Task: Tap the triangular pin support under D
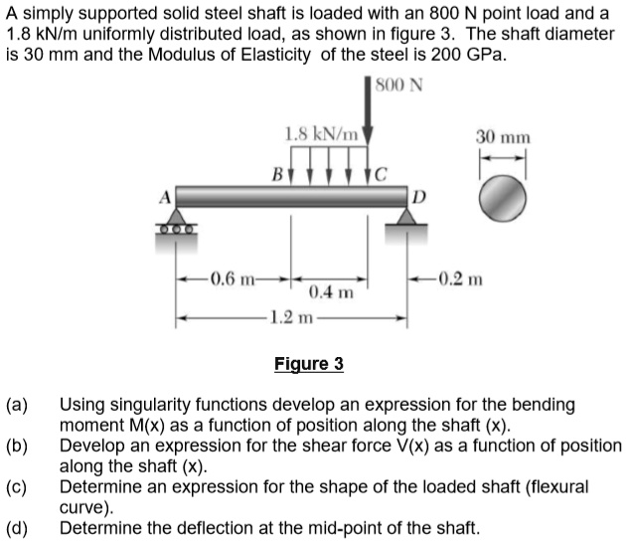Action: pos(408,221)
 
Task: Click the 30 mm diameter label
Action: pos(503,137)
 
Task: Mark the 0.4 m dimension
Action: pos(330,293)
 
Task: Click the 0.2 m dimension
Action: pos(459,277)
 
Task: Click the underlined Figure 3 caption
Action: pos(308,364)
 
